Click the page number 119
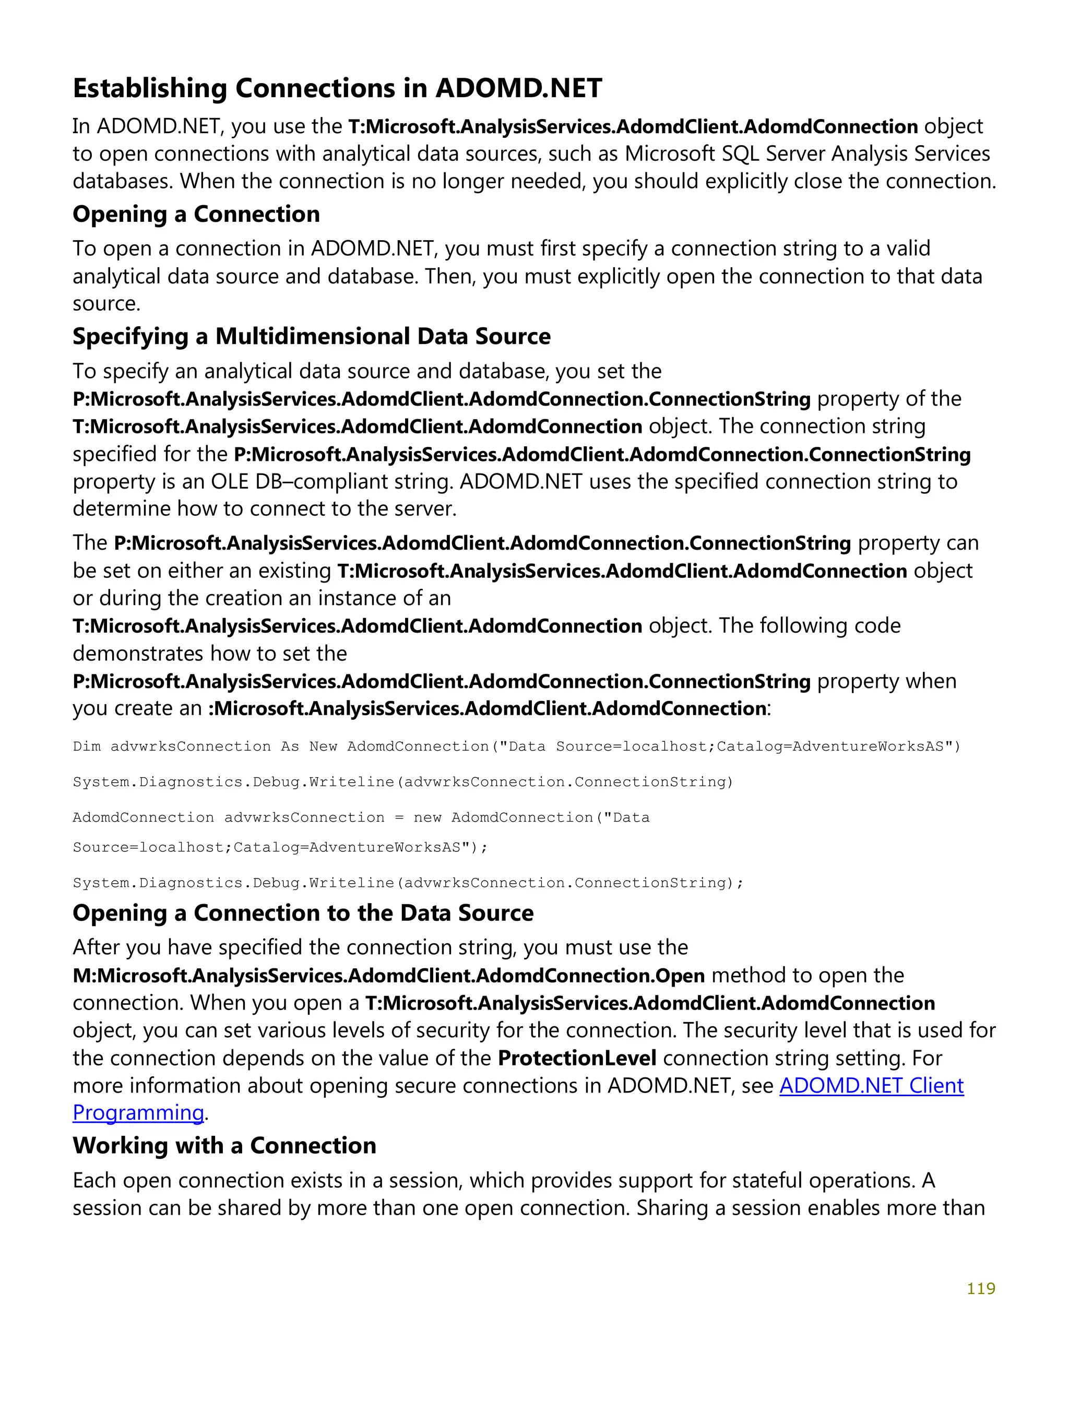point(980,1288)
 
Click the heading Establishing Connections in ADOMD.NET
point(337,88)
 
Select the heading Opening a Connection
point(196,214)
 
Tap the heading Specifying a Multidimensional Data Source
point(311,337)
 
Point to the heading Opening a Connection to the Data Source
point(303,913)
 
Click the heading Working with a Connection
point(224,1146)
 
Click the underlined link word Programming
point(138,1113)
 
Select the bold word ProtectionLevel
point(577,1058)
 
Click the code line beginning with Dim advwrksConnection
point(516,746)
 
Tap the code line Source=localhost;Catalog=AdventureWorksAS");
point(280,847)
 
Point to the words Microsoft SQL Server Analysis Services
point(807,154)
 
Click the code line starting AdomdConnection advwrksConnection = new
point(361,817)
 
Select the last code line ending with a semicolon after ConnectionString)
point(408,883)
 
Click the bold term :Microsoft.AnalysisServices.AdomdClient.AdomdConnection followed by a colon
point(486,709)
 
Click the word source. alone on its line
point(106,304)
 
